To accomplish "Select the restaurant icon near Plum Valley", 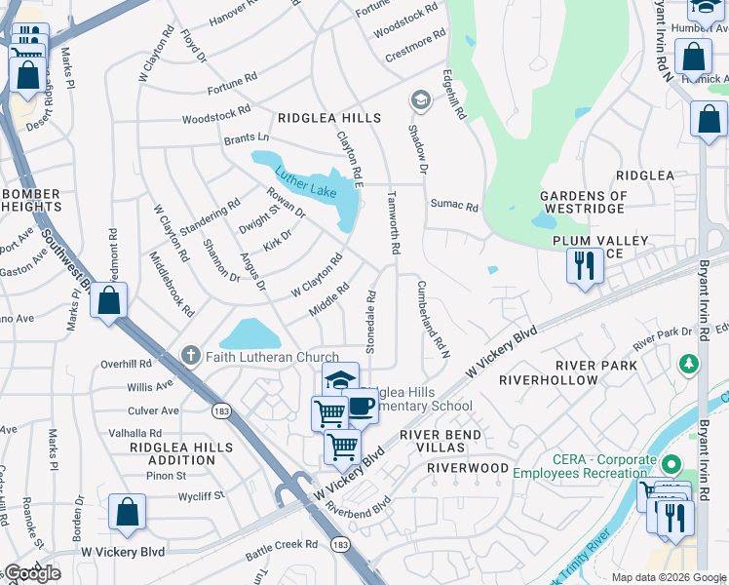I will [x=585, y=265].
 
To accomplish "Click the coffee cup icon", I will [x=361, y=406].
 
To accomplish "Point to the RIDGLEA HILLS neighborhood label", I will [x=329, y=117].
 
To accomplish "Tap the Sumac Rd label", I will [x=454, y=207].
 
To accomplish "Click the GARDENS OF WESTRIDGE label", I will [x=583, y=203].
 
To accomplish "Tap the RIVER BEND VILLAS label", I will [x=446, y=441].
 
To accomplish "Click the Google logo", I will [x=32, y=573].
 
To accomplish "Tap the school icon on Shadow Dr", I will [x=420, y=99].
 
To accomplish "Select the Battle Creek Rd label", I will [x=282, y=544].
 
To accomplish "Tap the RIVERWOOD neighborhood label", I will [x=468, y=468].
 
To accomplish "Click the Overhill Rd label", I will [x=126, y=363].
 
